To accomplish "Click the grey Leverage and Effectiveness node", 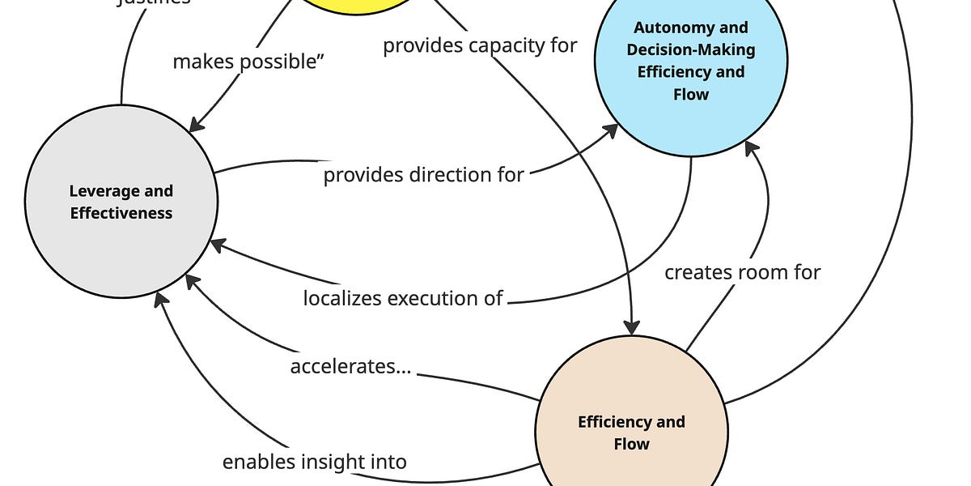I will [x=121, y=202].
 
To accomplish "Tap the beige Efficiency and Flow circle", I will [x=631, y=421].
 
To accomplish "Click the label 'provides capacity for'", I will [x=480, y=45].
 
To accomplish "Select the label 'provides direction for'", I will [x=423, y=175].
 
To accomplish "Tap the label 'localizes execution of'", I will [x=403, y=298].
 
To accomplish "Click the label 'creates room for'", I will [x=742, y=272].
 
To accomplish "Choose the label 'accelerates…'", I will [x=350, y=367].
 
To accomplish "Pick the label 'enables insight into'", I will [x=314, y=463].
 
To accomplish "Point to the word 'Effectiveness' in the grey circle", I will [x=121, y=214].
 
